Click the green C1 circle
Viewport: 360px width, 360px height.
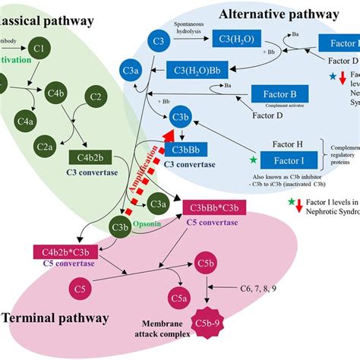[x=43, y=52]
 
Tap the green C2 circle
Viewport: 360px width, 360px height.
[x=96, y=97]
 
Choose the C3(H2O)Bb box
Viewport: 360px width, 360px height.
[x=200, y=73]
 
